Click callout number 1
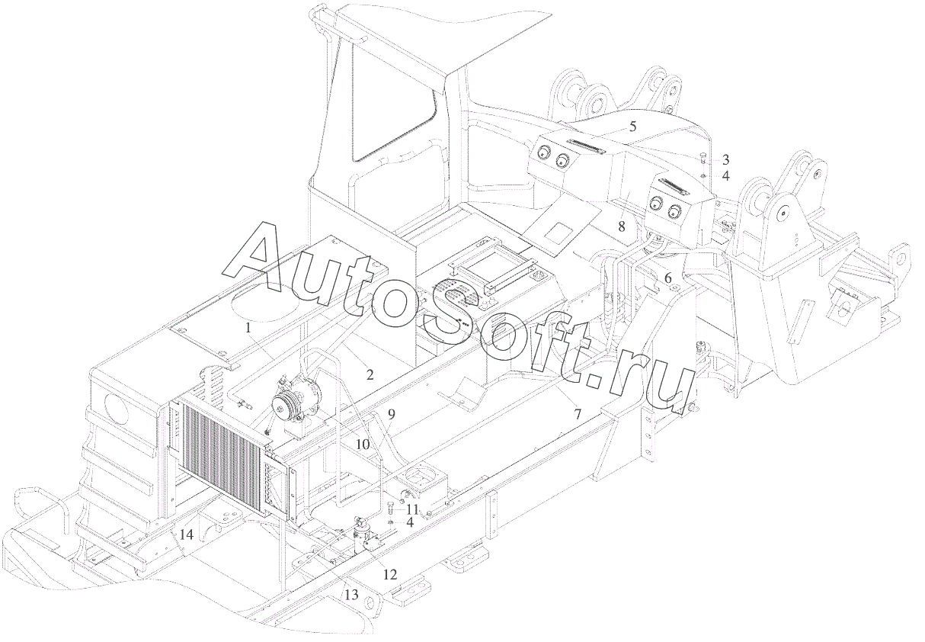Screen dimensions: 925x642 tap(248, 327)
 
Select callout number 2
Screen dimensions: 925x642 tap(369, 374)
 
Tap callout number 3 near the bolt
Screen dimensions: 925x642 tap(725, 160)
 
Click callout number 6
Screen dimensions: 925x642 tap(668, 279)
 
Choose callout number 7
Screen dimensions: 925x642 tap(578, 414)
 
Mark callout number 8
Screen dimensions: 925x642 tap(622, 226)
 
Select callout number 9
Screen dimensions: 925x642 tap(391, 416)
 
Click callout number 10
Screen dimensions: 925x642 tap(362, 443)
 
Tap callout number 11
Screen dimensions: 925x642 tap(411, 509)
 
